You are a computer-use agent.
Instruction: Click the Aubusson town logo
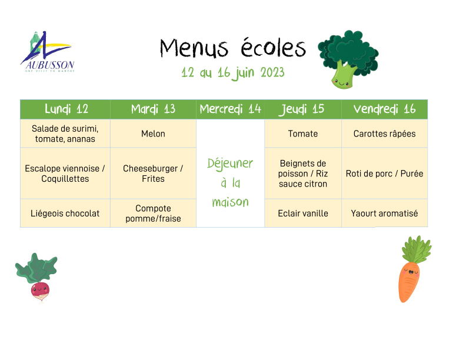point(48,52)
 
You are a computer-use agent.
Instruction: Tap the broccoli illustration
point(348,59)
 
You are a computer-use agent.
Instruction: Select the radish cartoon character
point(37,278)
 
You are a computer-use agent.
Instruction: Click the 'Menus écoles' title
point(232,48)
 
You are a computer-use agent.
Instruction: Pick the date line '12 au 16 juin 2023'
point(232,73)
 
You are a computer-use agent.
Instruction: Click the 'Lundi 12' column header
point(66,109)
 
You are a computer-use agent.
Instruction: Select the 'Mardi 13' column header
point(153,109)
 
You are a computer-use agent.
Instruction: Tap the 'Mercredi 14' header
point(230,109)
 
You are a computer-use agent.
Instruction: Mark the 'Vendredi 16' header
point(384,109)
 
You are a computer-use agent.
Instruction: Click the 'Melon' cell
point(153,134)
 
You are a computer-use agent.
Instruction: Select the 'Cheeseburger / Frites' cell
point(153,174)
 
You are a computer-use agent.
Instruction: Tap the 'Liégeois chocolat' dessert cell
point(65,214)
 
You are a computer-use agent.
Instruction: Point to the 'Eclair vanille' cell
point(303,214)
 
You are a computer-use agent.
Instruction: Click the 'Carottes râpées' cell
point(385,134)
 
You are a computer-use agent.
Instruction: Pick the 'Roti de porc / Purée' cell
point(385,174)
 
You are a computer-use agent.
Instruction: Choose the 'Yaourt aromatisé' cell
point(385,214)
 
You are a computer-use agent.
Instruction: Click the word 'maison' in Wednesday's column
point(230,202)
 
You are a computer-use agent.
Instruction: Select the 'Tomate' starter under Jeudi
point(303,134)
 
